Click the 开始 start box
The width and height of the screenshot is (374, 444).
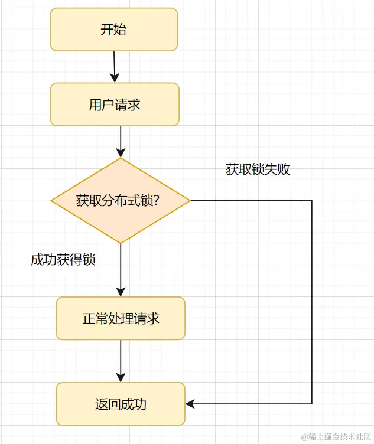click(114, 30)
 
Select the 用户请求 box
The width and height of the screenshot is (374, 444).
click(115, 105)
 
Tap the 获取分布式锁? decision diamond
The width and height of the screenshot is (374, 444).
click(121, 201)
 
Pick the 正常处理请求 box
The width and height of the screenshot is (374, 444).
click(121, 319)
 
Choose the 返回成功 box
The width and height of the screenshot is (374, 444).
click(121, 404)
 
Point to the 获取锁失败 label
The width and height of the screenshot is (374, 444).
click(258, 169)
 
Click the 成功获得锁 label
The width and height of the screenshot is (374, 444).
click(63, 260)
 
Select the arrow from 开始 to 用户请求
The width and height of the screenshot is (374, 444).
click(115, 66)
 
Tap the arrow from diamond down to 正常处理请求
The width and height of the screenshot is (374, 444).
click(121, 269)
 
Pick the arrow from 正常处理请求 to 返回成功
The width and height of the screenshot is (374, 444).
click(121, 360)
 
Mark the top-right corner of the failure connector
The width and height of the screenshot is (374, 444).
click(311, 201)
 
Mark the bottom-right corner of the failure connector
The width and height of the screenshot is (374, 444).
click(311, 404)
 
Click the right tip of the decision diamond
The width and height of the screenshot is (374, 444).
click(190, 201)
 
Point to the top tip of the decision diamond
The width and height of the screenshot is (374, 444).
click(121, 158)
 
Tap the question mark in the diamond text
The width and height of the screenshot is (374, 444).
click(161, 201)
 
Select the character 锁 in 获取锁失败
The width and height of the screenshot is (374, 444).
click(258, 169)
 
